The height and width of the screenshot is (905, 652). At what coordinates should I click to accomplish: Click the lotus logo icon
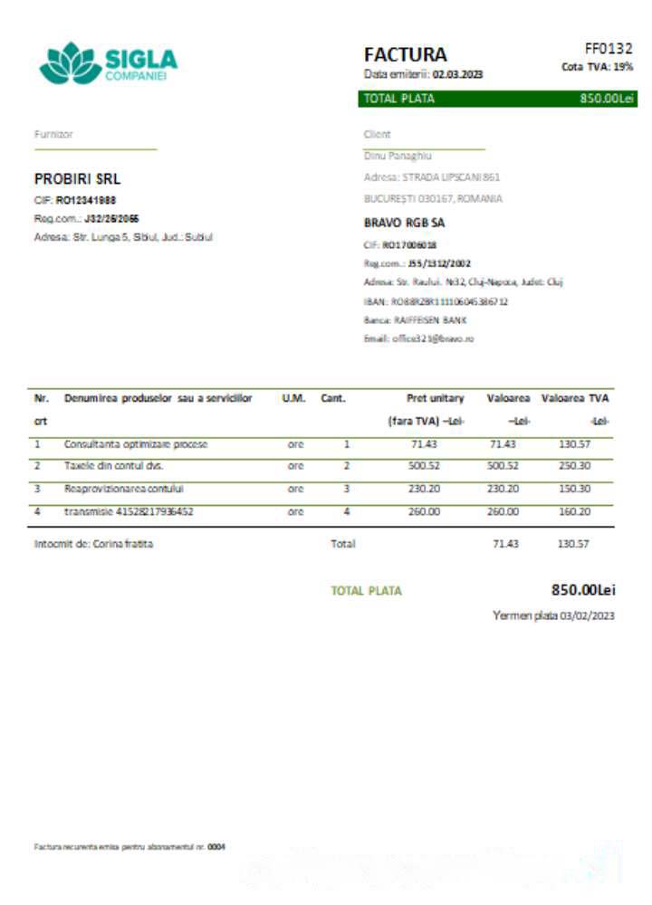click(x=68, y=63)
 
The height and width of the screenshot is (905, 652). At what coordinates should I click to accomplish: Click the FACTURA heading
click(x=405, y=54)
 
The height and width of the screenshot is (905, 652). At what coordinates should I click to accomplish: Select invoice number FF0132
click(x=609, y=49)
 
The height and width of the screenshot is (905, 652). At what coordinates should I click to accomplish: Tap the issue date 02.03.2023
click(x=457, y=75)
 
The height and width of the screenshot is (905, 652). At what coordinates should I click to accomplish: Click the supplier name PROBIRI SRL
click(x=77, y=179)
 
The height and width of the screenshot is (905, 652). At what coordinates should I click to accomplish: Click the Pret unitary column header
click(x=436, y=398)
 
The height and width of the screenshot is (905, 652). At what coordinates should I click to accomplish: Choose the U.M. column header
click(x=294, y=398)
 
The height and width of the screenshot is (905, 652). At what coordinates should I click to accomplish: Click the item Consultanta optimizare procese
click(x=136, y=444)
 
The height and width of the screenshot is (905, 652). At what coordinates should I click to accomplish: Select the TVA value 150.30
click(x=574, y=489)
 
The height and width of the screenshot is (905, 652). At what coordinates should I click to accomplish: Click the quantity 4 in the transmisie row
click(x=346, y=511)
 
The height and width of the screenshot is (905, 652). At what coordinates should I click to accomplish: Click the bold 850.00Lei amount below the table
click(x=583, y=590)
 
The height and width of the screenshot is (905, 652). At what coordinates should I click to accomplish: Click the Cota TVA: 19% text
click(x=598, y=67)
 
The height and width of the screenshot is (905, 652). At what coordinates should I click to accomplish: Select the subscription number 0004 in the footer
click(x=216, y=847)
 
